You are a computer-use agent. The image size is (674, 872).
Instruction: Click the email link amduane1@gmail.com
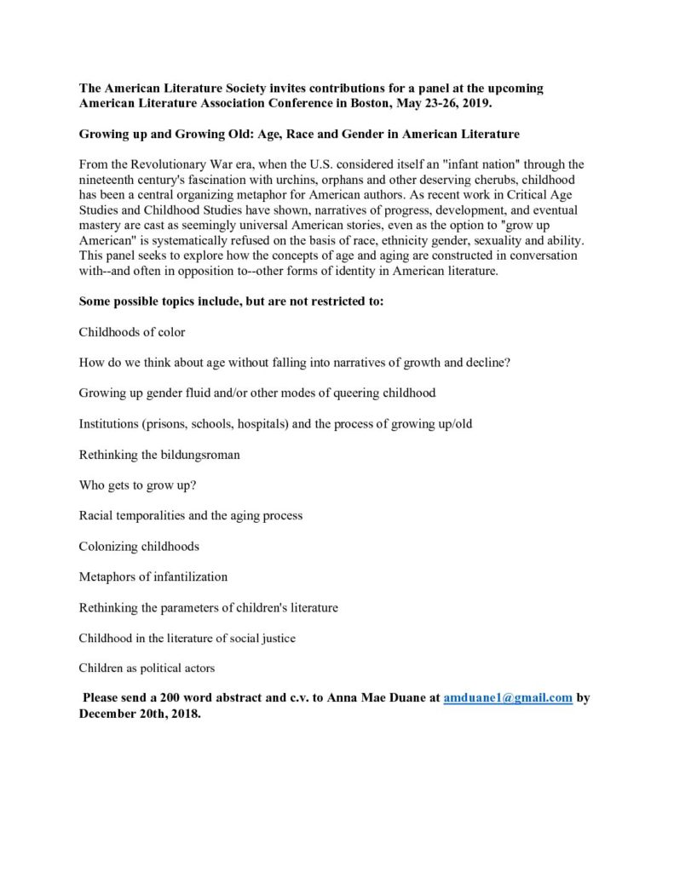pyautogui.click(x=508, y=697)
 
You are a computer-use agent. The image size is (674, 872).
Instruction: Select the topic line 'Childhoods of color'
pyautogui.click(x=132, y=331)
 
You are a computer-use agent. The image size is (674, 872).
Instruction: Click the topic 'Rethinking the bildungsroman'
pyautogui.click(x=159, y=454)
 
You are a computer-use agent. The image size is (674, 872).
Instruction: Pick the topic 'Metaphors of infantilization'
pyautogui.click(x=153, y=577)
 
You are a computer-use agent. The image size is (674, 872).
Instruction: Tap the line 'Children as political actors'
pyautogui.click(x=147, y=668)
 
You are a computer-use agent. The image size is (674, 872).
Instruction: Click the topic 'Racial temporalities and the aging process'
pyautogui.click(x=191, y=515)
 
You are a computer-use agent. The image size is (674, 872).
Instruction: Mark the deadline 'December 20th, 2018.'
pyautogui.click(x=141, y=714)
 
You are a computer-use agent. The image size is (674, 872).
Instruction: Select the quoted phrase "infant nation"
pyautogui.click(x=468, y=163)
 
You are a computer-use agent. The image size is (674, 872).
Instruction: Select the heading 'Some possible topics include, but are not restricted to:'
pyautogui.click(x=232, y=301)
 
